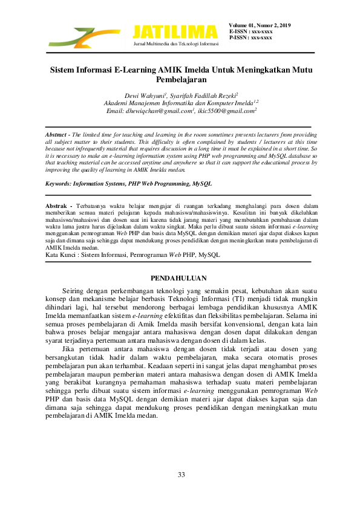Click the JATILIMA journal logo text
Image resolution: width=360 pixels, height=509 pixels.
(174, 31)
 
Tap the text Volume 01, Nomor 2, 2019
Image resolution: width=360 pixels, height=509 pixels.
(260, 25)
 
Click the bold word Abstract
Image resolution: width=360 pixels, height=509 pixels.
(57, 134)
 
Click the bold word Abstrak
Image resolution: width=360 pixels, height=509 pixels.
(56, 207)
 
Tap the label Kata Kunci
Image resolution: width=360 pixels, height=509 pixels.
(61, 255)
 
